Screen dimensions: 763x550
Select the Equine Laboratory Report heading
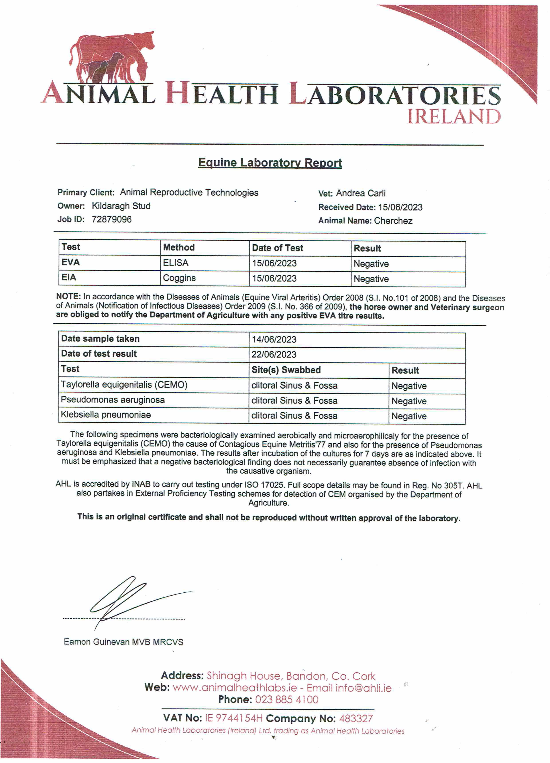point(270,163)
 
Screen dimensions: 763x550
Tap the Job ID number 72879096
point(112,219)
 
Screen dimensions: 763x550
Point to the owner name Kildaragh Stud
point(121,206)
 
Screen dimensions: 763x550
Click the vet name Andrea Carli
point(361,193)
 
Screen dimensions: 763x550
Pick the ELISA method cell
point(176,263)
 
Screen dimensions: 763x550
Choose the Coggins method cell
point(179,278)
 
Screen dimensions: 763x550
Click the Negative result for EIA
point(371,279)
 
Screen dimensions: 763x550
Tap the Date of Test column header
point(277,248)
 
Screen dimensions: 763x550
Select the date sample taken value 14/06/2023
point(274,339)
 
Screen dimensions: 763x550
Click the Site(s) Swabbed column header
point(286,370)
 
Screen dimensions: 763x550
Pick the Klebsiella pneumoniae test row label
point(106,415)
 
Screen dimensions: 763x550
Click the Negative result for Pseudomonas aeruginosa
point(409,401)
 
